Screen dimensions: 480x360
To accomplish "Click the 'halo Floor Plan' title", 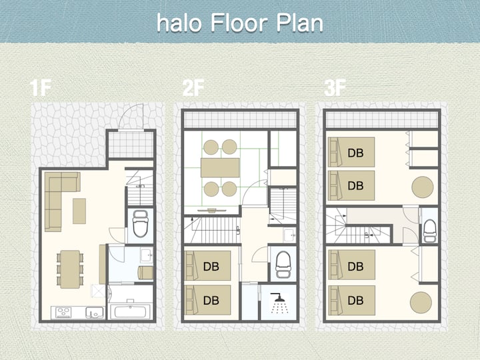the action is pos(240,23).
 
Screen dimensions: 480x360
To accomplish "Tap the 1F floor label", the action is pos(40,88).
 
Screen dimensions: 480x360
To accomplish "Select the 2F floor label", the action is pos(193,88).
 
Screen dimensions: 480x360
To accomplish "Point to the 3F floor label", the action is pos(335,88).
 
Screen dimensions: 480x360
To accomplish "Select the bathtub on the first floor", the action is pos(130,311).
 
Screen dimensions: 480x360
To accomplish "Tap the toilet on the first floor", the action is pos(140,223).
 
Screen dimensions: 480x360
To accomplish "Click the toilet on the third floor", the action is pos(429,231).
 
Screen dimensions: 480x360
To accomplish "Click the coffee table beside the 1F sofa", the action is pos(79,211).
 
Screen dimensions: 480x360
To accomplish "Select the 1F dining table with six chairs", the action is pos(70,269).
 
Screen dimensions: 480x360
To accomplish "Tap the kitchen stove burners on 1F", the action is pos(63,313).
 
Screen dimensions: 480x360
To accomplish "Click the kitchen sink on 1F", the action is pos(94,313).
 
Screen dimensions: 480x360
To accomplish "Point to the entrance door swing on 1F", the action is pos(131,117).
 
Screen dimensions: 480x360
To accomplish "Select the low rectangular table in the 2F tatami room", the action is pos(220,167).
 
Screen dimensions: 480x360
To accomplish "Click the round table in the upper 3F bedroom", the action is pos(423,187).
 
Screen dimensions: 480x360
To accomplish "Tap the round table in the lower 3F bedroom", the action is pos(421,303).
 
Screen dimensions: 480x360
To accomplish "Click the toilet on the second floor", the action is pos(283,265).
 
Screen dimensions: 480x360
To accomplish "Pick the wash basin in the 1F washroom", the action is pos(146,255).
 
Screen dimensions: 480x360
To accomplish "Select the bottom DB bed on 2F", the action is pos(208,300).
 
